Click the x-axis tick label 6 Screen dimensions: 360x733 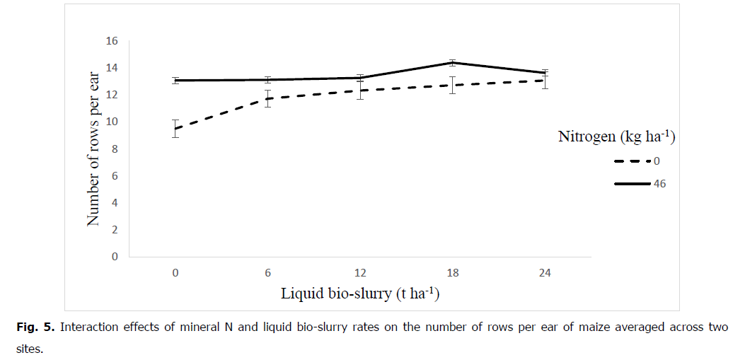pos(267,274)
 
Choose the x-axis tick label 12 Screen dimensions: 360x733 pos(359,274)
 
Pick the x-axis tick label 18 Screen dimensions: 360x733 pos(452,274)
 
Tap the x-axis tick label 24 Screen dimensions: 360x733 pos(544,274)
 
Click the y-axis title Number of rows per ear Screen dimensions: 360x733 pos(93,149)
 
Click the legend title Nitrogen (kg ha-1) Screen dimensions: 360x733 pos(616,137)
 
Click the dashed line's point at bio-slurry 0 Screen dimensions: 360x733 pos(175,129)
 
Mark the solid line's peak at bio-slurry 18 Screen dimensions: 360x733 pos(452,63)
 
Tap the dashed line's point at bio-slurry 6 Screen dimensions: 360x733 pos(267,98)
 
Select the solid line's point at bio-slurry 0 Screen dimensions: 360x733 pos(175,81)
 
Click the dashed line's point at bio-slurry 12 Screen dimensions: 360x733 pos(359,91)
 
